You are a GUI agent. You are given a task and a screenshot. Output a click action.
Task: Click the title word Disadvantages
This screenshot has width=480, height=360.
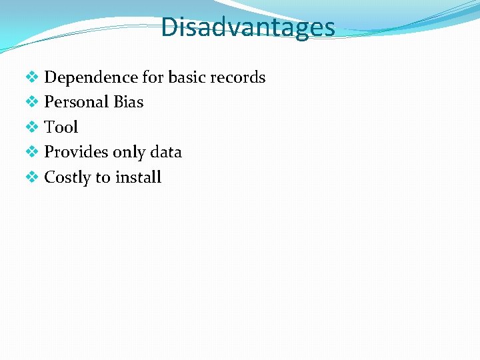tap(247, 27)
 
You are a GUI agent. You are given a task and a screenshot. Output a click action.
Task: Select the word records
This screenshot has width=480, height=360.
tap(238, 78)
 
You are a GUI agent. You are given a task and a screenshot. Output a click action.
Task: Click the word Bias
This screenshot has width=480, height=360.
tap(129, 103)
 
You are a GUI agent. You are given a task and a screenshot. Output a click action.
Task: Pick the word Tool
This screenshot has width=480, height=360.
tap(61, 127)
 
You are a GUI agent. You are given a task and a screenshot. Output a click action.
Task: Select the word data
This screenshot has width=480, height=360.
tap(166, 153)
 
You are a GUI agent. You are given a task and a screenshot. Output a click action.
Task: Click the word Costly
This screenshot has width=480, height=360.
tap(67, 177)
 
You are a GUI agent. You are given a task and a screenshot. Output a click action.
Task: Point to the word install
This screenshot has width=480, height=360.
tap(138, 177)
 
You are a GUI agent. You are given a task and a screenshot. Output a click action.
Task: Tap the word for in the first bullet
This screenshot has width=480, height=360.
tap(153, 78)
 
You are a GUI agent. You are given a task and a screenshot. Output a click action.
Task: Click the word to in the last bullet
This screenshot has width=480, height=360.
tap(103, 177)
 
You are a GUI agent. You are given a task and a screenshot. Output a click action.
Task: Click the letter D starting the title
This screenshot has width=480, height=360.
tap(169, 27)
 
